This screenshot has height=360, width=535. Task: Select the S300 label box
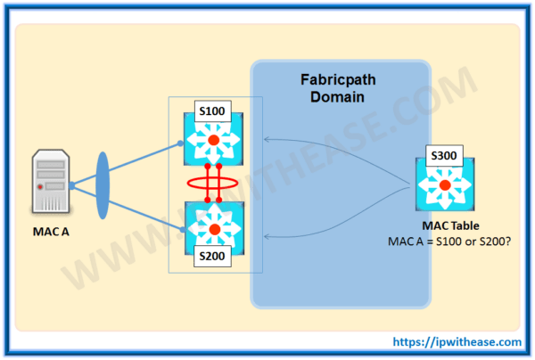443,155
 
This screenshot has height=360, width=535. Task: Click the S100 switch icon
214,141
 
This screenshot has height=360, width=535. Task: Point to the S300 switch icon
444,185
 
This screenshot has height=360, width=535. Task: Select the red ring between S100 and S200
213,184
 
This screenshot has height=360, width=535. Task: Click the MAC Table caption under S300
443,225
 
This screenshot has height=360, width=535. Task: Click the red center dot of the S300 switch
444,185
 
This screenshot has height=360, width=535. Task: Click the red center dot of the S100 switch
214,141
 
